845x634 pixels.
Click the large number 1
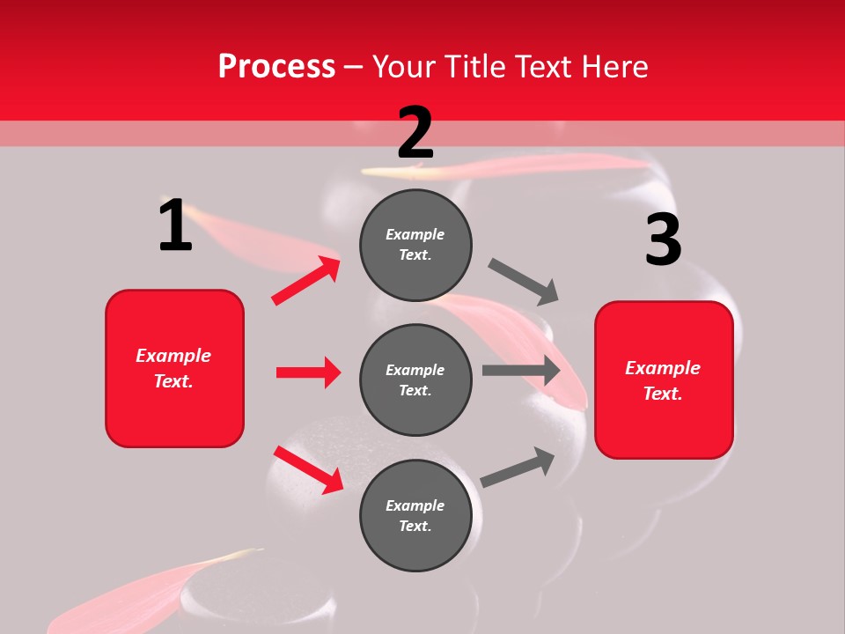[175, 225]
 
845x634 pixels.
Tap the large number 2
[415, 133]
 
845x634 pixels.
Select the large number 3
[663, 240]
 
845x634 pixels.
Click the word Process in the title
[276, 66]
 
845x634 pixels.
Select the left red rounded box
[174, 368]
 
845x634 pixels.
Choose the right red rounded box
[664, 380]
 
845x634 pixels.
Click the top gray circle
[415, 245]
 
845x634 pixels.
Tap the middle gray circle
[415, 380]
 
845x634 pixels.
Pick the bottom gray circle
[415, 515]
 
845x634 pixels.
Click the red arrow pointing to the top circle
[306, 280]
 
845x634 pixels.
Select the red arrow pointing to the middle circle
[308, 372]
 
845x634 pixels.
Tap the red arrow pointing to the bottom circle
[309, 469]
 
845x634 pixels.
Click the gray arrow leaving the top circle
[524, 281]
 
